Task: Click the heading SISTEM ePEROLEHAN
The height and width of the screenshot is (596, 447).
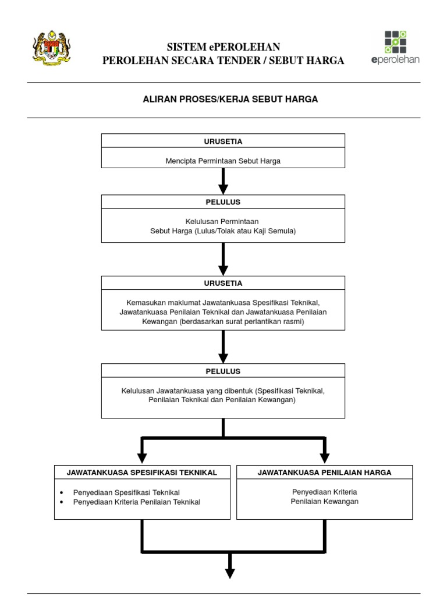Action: click(223, 47)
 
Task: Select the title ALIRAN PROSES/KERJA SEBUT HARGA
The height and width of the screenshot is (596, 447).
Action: click(230, 100)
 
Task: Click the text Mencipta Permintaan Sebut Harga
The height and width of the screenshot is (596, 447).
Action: click(223, 161)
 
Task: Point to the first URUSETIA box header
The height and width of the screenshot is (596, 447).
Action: click(223, 141)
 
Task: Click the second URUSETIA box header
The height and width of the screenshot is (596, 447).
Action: click(223, 283)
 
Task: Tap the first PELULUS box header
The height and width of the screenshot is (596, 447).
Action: click(223, 202)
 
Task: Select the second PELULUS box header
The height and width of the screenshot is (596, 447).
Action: click(223, 371)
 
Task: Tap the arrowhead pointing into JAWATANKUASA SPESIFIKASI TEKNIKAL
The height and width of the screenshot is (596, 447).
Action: click(141, 458)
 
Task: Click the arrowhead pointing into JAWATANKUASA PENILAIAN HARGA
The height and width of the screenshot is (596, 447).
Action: click(325, 458)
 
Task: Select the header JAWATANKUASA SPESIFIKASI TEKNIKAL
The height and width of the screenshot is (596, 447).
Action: click(142, 473)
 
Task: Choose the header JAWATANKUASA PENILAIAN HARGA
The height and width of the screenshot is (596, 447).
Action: click(324, 473)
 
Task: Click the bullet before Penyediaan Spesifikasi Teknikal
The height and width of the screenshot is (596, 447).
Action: click(62, 492)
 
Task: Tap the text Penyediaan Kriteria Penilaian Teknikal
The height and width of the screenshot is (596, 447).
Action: click(136, 502)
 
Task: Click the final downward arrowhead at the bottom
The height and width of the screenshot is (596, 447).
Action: click(230, 573)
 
